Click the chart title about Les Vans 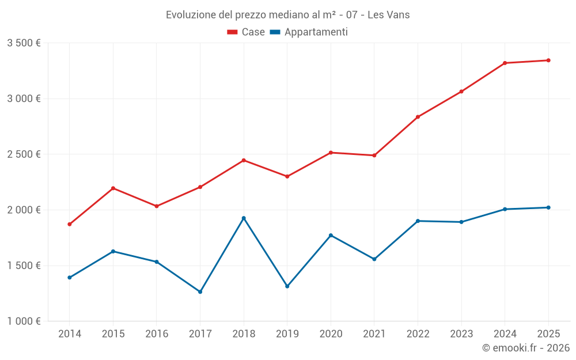coord(287,15)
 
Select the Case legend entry coord(246,32)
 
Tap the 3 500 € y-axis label coord(24,43)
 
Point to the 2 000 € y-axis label coord(24,210)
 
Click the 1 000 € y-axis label coord(24,321)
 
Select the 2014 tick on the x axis coord(70,334)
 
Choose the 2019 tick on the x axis coord(287,334)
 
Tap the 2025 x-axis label coord(548,334)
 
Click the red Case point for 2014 coord(70,224)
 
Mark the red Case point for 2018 coord(244,160)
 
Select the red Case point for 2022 coord(418,117)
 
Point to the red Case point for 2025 coord(548,60)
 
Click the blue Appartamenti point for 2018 coord(244,218)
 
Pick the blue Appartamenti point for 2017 coord(200,292)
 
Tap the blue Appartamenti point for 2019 coord(287,286)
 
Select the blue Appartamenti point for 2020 coord(331,235)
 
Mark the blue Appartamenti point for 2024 coord(505,209)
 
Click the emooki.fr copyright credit coord(526,348)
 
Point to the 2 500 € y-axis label coord(24,154)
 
